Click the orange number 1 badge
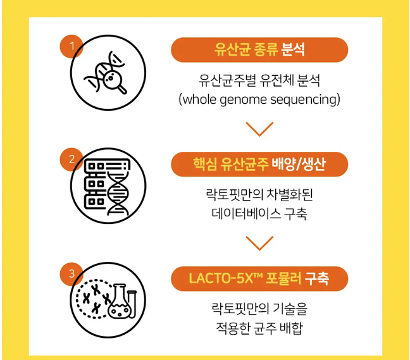click(x=72, y=46)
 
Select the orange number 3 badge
click(x=72, y=273)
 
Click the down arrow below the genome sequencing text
click(x=259, y=129)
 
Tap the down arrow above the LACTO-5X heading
click(x=259, y=243)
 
